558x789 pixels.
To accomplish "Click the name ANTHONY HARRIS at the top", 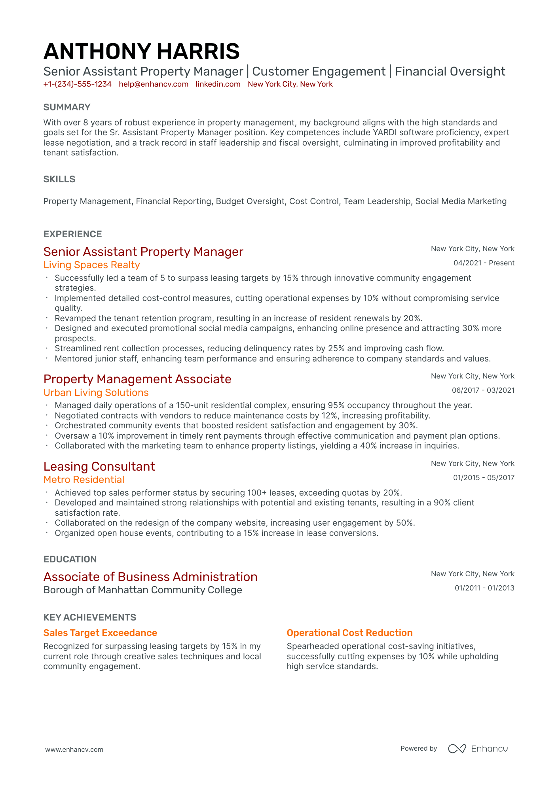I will coord(141,51).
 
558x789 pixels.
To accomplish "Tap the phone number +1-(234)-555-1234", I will coord(77,84).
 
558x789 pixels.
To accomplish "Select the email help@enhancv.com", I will coord(154,84).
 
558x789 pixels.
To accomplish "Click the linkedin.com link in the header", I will coord(218,84).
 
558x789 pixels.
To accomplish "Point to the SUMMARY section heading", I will coord(67,107).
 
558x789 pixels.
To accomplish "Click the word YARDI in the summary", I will coord(382,132).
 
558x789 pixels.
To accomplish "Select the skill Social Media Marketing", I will coord(461,201).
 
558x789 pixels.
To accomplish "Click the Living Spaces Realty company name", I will coord(91,265).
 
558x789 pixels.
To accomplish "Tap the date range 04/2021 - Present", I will coord(484,263).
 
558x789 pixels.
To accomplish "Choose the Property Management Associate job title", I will coord(137,379).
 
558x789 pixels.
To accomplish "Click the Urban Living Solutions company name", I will coord(96,393).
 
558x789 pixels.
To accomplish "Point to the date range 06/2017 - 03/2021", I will coord(483,390).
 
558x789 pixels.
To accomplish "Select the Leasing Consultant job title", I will coord(99,466).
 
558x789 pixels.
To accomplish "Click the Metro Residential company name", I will coord(84,480).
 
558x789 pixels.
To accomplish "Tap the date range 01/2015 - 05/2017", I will coord(484,478).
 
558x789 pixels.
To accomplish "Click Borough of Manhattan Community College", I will coord(142,590).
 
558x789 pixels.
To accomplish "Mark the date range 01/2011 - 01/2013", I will coord(484,588).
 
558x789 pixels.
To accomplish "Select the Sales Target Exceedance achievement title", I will coord(100,633).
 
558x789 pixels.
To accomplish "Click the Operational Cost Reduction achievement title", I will coord(349,633).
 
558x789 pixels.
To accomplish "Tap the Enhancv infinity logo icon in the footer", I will coord(457,749).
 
